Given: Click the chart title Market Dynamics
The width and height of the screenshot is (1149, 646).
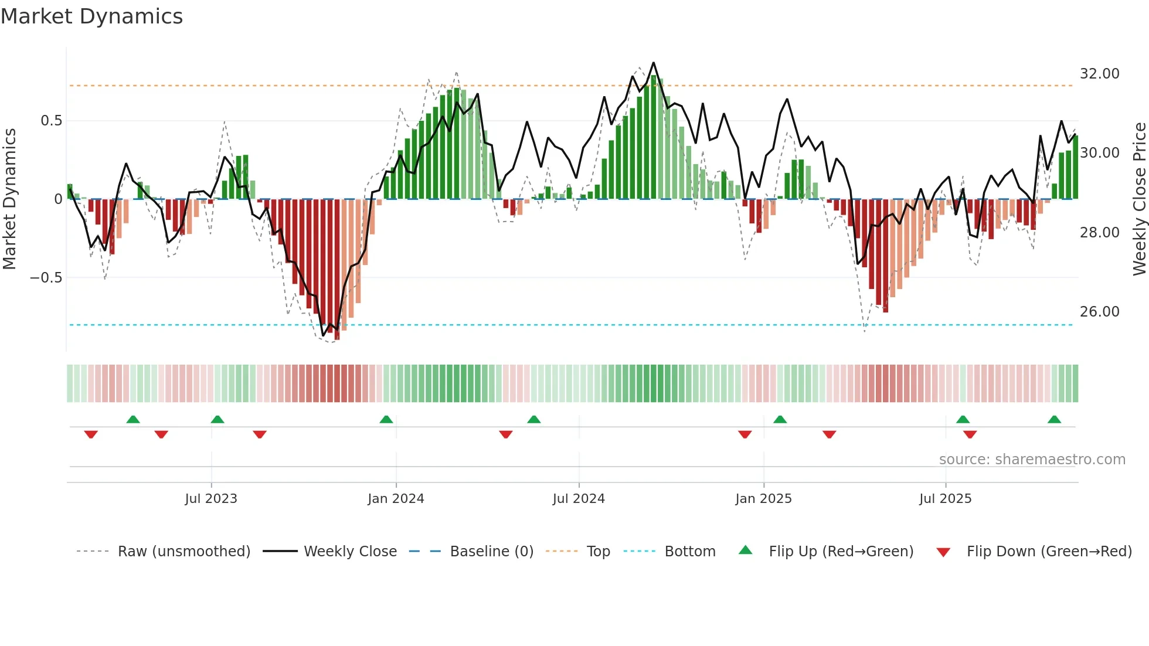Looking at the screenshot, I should pyautogui.click(x=92, y=16).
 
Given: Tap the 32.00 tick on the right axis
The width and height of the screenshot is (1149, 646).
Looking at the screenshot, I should pyautogui.click(x=1099, y=74).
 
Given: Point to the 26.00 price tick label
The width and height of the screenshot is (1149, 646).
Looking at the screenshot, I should pyautogui.click(x=1099, y=312).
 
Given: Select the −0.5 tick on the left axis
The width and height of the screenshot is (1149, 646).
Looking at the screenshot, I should pyautogui.click(x=46, y=278).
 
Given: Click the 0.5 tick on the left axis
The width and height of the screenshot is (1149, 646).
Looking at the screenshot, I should pyautogui.click(x=51, y=121).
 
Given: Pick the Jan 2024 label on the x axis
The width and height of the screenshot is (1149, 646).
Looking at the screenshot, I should pyautogui.click(x=396, y=499).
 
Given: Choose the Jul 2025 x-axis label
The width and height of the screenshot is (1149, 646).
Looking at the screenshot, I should pyautogui.click(x=945, y=499).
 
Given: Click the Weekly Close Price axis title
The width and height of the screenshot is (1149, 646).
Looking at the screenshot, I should pyautogui.click(x=1139, y=199).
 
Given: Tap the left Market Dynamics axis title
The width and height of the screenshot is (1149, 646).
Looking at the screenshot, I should pyautogui.click(x=9, y=199).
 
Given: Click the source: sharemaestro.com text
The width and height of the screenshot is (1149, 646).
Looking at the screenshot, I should pyautogui.click(x=1032, y=460).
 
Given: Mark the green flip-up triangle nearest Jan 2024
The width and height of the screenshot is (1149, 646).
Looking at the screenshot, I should pyautogui.click(x=386, y=419).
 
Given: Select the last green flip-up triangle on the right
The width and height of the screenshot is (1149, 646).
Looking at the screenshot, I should pyautogui.click(x=1054, y=419).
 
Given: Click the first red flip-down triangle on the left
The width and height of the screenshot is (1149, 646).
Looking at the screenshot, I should pyautogui.click(x=91, y=434).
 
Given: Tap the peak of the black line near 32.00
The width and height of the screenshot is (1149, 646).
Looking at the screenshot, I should pyautogui.click(x=654, y=63).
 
